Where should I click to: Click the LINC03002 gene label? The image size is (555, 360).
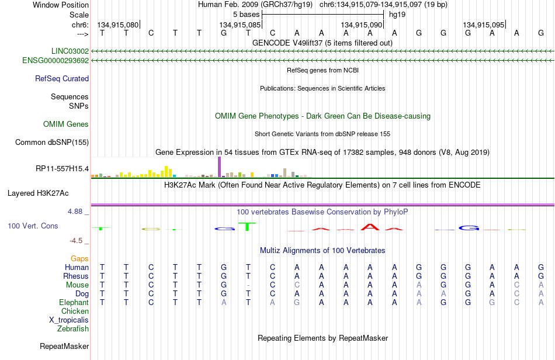click(x=70, y=51)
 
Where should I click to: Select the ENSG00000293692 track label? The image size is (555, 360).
click(x=56, y=61)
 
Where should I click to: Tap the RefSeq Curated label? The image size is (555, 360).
click(x=62, y=78)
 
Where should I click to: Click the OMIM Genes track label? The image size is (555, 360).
click(x=66, y=124)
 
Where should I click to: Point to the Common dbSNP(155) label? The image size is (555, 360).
click(x=52, y=142)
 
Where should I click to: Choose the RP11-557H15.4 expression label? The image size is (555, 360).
click(x=63, y=168)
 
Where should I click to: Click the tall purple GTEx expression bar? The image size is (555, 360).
click(x=220, y=167)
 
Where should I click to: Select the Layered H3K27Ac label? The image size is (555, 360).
click(x=38, y=193)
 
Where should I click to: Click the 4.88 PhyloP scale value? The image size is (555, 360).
click(x=75, y=212)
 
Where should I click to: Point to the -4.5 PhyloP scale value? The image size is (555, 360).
click(x=76, y=241)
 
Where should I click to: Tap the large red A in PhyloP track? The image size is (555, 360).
click(x=370, y=227)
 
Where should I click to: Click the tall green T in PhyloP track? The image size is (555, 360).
click(x=247, y=226)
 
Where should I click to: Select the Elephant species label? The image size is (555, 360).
click(x=74, y=302)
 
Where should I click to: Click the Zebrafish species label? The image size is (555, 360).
click(x=73, y=328)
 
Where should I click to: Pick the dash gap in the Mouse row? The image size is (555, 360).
click(x=248, y=285)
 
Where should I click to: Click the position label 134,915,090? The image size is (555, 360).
click(x=362, y=25)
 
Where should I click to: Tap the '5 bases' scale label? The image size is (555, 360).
click(x=247, y=15)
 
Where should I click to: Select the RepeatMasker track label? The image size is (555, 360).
click(x=64, y=346)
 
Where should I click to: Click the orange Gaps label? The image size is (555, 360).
click(x=79, y=259)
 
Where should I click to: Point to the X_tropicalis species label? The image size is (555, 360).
click(x=69, y=320)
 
